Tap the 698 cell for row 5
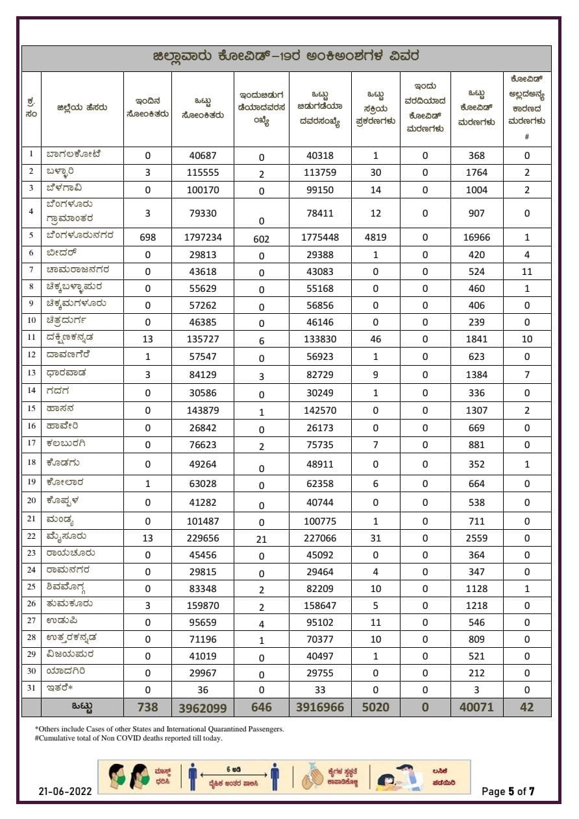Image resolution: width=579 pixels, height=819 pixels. click(147, 237)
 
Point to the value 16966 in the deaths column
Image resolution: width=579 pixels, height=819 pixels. click(476, 237)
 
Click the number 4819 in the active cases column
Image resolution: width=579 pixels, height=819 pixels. click(375, 237)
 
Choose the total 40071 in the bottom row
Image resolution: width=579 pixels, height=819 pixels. click(476, 707)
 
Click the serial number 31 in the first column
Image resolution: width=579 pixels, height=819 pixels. click(31, 689)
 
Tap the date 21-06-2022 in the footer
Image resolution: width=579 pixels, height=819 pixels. click(64, 791)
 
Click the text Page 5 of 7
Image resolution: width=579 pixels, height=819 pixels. click(508, 791)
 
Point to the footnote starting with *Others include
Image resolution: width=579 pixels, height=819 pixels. click(159, 729)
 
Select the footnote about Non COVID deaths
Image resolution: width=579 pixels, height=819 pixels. click(129, 738)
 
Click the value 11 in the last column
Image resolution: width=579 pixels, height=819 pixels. click(526, 271)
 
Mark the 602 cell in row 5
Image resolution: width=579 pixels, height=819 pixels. click(262, 239)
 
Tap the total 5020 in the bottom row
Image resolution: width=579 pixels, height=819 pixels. click(375, 707)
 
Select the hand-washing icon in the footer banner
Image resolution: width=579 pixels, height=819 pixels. click(312, 776)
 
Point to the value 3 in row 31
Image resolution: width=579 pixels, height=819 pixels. click(476, 690)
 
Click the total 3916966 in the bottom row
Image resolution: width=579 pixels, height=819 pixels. click(319, 707)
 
